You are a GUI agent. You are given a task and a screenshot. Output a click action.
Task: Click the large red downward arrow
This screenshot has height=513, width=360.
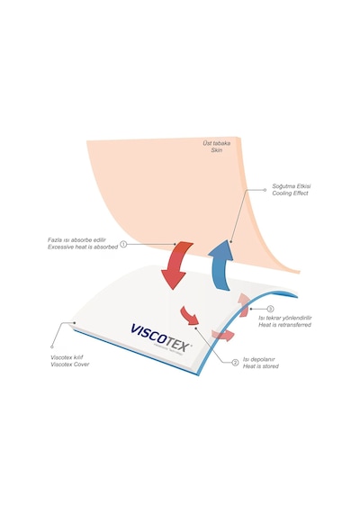(175, 265)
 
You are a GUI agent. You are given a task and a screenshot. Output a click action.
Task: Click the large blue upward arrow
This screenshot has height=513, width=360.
(220, 265)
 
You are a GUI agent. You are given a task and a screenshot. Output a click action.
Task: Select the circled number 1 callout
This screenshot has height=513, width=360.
(123, 244)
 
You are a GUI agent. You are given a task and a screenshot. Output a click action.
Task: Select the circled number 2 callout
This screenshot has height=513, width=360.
(235, 363)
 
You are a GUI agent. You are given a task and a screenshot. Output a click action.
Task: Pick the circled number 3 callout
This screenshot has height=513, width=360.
(270, 309)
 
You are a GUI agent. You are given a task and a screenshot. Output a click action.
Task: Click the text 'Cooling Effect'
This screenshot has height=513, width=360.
(290, 193)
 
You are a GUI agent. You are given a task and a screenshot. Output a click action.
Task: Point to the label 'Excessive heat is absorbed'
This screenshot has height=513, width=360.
(83, 247)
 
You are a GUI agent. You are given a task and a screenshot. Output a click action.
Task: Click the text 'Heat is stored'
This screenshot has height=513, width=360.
(260, 366)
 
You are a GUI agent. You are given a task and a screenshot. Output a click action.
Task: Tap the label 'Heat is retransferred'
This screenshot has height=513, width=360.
(284, 325)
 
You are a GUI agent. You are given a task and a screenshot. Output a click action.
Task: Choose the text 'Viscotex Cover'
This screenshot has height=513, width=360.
(69, 364)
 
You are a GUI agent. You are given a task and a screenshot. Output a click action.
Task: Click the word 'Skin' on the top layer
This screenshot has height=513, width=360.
(216, 150)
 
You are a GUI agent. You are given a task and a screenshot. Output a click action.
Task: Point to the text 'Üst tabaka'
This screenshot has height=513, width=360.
(216, 143)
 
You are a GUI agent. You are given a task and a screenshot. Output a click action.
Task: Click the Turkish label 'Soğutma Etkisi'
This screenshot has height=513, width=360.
(292, 186)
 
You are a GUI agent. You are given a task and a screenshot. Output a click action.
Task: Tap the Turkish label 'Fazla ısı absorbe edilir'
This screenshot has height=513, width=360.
(76, 239)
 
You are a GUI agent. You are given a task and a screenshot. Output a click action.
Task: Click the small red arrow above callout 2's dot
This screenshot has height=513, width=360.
(190, 315)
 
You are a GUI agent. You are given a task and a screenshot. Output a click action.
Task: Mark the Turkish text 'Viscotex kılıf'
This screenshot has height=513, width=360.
(67, 357)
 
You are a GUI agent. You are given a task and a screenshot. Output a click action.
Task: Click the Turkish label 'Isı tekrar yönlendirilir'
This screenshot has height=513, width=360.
(285, 318)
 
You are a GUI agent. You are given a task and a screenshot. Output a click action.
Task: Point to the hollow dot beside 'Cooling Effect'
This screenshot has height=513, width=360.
(265, 190)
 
